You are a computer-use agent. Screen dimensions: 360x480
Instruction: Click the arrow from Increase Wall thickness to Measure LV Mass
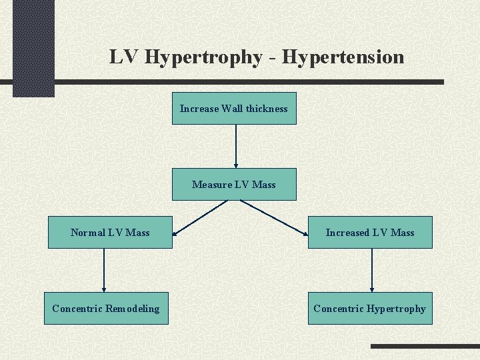[x=235, y=147]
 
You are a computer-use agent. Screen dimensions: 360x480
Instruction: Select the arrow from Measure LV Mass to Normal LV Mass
[x=200, y=217]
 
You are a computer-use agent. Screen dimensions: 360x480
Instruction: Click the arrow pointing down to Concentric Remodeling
[x=104, y=270]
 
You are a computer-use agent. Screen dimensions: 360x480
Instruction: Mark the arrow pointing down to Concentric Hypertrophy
[x=372, y=270]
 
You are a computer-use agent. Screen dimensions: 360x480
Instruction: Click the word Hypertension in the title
[x=343, y=57]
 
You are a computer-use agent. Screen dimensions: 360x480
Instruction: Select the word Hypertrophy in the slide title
[x=203, y=57]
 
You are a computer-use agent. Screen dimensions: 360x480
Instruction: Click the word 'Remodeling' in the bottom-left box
[x=133, y=309]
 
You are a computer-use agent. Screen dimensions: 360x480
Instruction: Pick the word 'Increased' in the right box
[x=347, y=233]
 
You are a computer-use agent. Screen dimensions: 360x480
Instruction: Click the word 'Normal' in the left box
[x=87, y=233]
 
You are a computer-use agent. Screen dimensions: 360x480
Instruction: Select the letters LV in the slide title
[x=125, y=57]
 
